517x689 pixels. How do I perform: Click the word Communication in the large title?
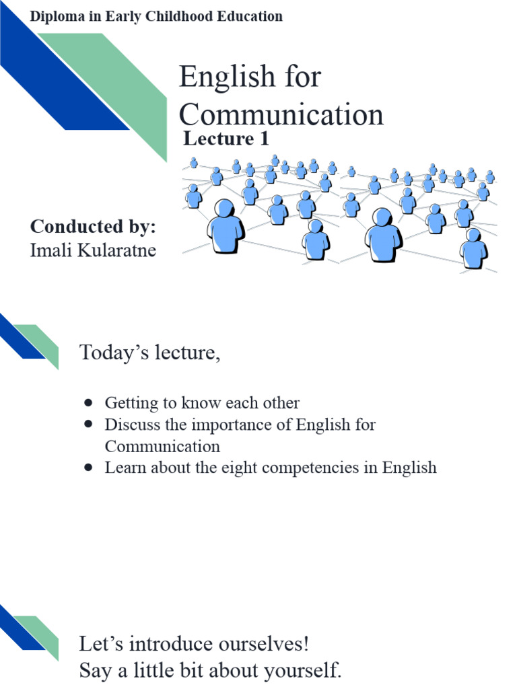tap(281, 114)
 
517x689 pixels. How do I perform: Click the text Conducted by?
tap(93, 227)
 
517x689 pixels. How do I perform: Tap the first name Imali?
tap(48, 251)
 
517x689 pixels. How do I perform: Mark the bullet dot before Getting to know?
tap(88, 403)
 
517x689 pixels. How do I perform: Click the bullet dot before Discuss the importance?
tap(88, 425)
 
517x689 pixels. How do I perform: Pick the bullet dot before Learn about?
tap(88, 468)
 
